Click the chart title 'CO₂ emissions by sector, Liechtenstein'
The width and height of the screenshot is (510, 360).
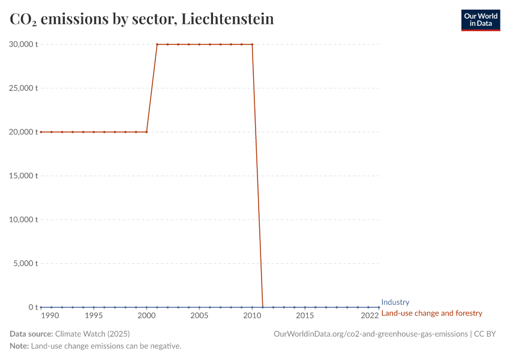pos(142,19)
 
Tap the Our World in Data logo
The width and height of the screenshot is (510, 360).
pos(480,20)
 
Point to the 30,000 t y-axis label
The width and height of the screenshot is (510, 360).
pos(24,44)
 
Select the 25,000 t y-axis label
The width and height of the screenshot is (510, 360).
pos(24,88)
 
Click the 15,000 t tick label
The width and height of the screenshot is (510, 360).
pos(24,176)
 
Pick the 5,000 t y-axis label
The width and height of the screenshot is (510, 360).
pos(26,263)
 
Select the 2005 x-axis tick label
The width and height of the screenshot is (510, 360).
pos(199,316)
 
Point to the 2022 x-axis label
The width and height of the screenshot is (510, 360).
pos(370,316)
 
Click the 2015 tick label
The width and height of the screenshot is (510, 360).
pos(305,316)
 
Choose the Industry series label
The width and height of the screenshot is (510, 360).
pos(395,302)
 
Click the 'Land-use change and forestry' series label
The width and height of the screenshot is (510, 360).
pos(431,313)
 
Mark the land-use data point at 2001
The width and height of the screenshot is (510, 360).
pos(157,44)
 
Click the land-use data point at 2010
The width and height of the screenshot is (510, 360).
pos(252,44)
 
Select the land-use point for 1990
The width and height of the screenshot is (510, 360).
pos(41,132)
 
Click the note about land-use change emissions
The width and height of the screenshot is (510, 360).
pos(106,346)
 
